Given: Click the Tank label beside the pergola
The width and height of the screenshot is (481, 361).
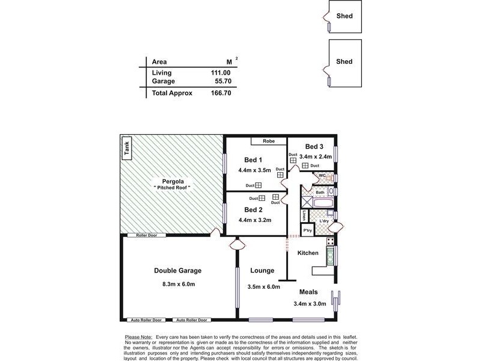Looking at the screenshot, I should pyautogui.click(x=126, y=148).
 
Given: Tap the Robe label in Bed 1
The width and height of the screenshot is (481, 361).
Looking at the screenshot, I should pyautogui.click(x=269, y=141).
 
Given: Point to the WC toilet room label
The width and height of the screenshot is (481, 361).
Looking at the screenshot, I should pyautogui.click(x=322, y=176).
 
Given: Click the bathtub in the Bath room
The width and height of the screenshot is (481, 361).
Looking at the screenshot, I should pyautogui.click(x=319, y=205).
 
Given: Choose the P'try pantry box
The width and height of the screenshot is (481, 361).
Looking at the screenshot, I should pyautogui.click(x=307, y=230).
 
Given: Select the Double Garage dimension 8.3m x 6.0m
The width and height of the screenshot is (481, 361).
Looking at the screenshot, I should pyautogui.click(x=177, y=284).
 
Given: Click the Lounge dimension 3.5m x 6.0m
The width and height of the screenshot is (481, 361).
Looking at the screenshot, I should pyautogui.click(x=263, y=287).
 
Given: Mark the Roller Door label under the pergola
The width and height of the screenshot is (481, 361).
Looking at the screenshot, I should pyautogui.click(x=146, y=235).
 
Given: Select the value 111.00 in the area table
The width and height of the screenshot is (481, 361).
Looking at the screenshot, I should pyautogui.click(x=221, y=73).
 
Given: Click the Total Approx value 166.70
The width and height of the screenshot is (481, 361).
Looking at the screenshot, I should pyautogui.click(x=219, y=93).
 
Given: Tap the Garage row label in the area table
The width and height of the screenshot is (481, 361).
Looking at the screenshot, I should pyautogui.click(x=163, y=81).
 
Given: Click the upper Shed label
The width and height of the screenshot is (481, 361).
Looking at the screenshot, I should pyautogui.click(x=345, y=16).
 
